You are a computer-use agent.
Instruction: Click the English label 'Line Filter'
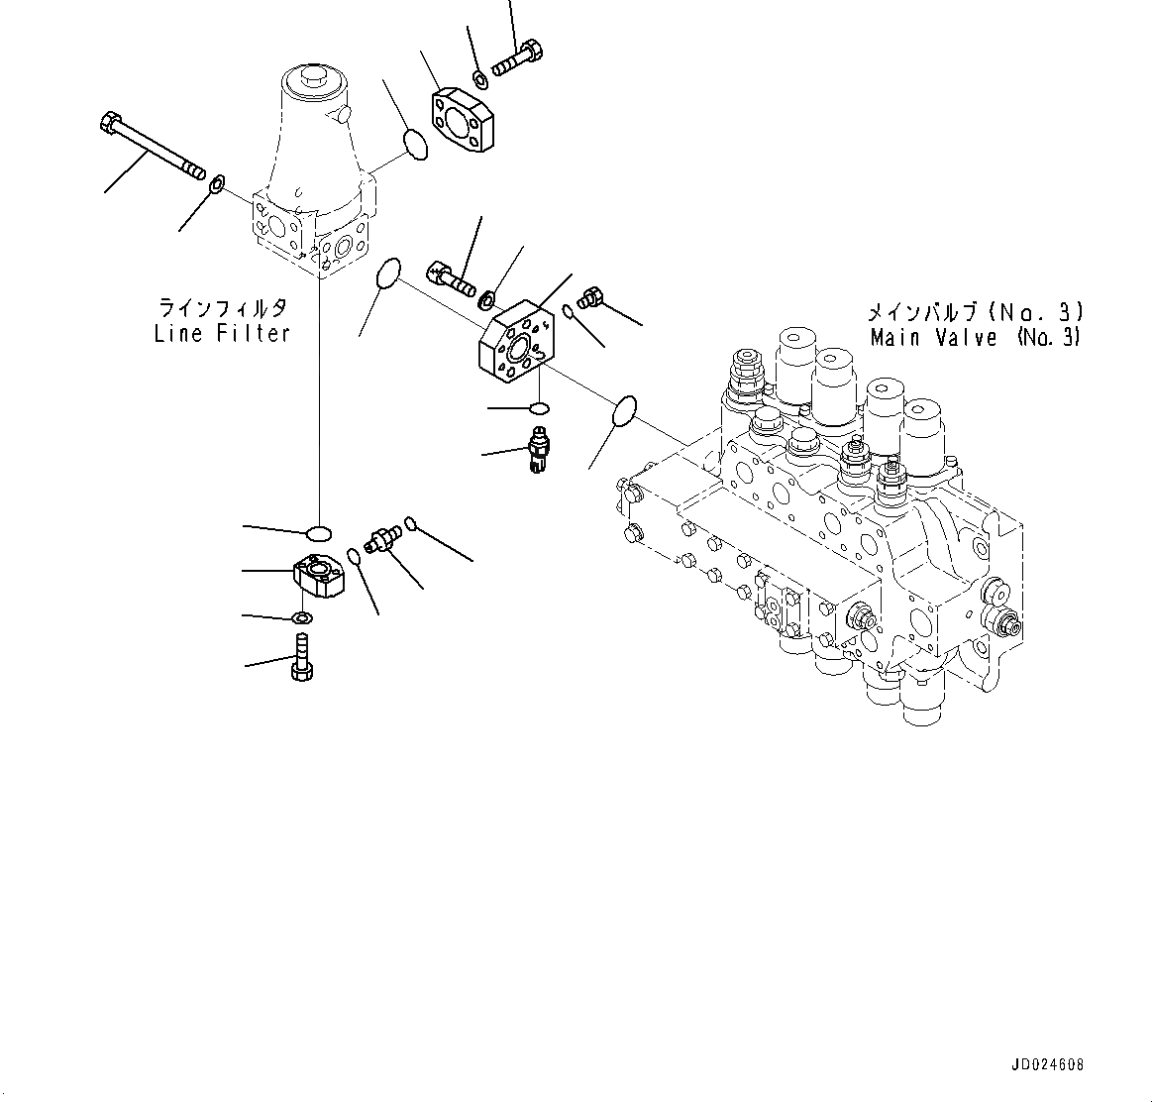coord(222,334)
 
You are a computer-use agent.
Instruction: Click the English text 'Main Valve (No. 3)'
coord(975,337)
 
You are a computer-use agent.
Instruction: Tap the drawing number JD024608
coord(1047,1065)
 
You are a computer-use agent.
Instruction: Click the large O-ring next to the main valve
coord(623,411)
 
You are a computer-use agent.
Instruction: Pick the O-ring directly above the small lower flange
coord(319,532)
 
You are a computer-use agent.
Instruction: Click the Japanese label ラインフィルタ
coord(223,306)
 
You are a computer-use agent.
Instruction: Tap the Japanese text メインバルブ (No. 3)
coord(975,312)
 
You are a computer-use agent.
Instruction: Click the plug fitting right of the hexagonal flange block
coord(590,296)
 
